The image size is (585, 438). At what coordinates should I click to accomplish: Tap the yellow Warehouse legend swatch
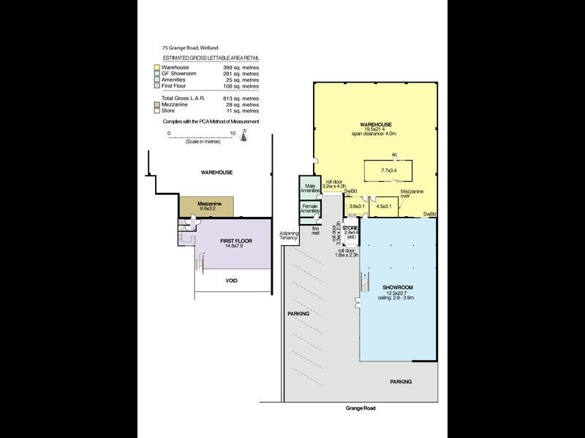point(156,68)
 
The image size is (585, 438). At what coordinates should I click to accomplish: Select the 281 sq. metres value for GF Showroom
point(241,74)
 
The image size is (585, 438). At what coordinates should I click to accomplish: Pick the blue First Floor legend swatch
point(156,85)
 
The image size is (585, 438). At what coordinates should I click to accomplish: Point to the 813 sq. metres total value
point(241,97)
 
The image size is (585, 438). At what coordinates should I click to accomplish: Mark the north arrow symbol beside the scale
point(245,132)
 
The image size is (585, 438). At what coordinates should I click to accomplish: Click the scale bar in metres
point(200,137)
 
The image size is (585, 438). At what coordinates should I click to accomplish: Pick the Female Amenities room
point(309,209)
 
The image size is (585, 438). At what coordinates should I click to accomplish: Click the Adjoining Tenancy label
point(289,235)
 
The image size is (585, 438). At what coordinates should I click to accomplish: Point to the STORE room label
point(350,228)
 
